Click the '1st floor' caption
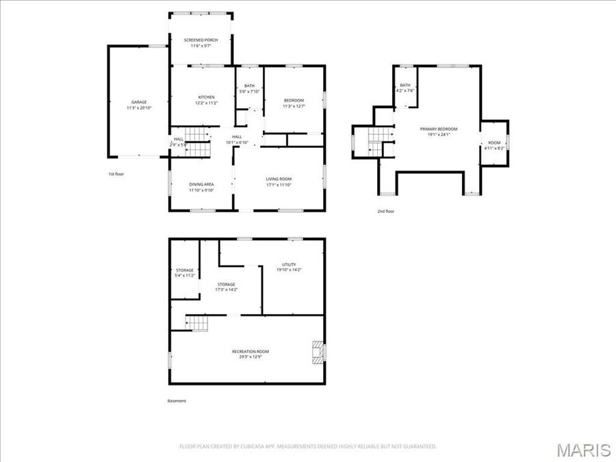pos(116,174)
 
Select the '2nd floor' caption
pos(386,211)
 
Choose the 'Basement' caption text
pos(177,401)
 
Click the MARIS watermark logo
pos(583,450)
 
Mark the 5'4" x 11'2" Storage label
pos(185,272)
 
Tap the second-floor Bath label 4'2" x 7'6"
pos(405,88)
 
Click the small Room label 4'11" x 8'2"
pos(494,145)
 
